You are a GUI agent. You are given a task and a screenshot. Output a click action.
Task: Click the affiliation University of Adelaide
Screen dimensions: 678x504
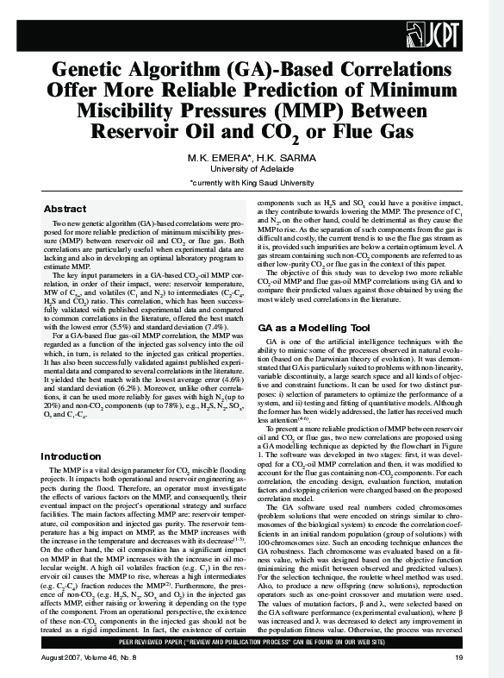point(252,169)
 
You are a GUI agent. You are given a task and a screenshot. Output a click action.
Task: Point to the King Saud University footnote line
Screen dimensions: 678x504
point(252,184)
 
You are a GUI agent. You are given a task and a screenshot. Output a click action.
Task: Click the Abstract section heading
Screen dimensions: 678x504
point(65,210)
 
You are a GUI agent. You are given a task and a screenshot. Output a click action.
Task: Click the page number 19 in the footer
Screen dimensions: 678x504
point(459,658)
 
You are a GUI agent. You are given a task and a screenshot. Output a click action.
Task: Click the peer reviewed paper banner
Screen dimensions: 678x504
point(252,643)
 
